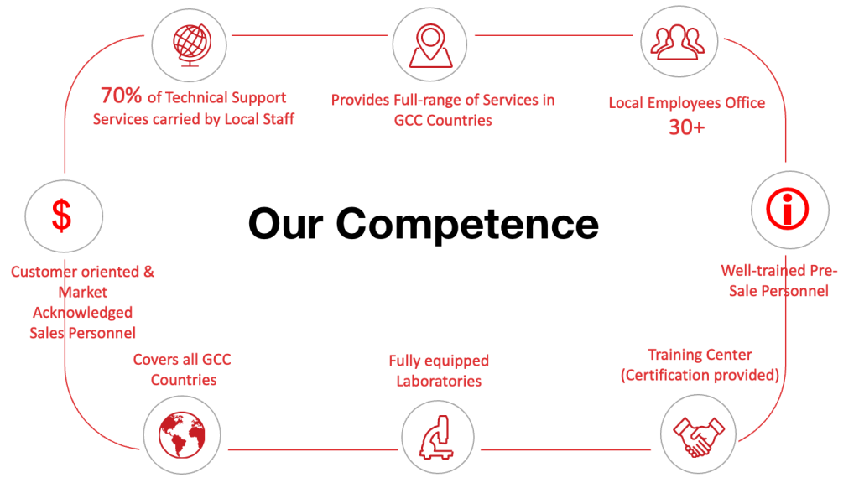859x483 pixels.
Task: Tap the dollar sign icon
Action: tap(62, 216)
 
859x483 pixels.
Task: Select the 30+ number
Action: tap(686, 127)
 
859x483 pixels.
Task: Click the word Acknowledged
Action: tap(82, 312)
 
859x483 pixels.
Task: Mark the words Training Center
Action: tap(700, 356)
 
